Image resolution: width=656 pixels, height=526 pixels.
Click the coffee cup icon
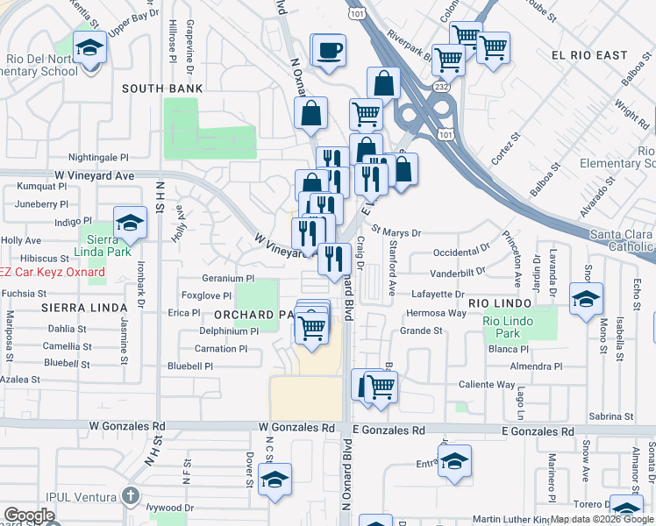pyautogui.click(x=328, y=51)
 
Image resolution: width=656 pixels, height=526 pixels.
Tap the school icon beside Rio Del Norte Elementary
pyautogui.click(x=89, y=47)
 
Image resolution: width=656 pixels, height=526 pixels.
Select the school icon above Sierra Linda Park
pyautogui.click(x=130, y=224)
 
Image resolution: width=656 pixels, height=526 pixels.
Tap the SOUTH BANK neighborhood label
pyautogui.click(x=162, y=89)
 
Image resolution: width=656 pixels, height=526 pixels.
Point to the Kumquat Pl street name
pyautogui.click(x=42, y=187)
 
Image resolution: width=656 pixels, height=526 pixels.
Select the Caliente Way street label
pyautogui.click(x=487, y=384)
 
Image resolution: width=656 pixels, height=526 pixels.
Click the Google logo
pyautogui.click(x=29, y=515)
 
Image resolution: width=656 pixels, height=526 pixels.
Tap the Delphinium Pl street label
pyautogui.click(x=230, y=331)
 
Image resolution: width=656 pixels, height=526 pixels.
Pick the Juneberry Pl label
pyautogui.click(x=42, y=203)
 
